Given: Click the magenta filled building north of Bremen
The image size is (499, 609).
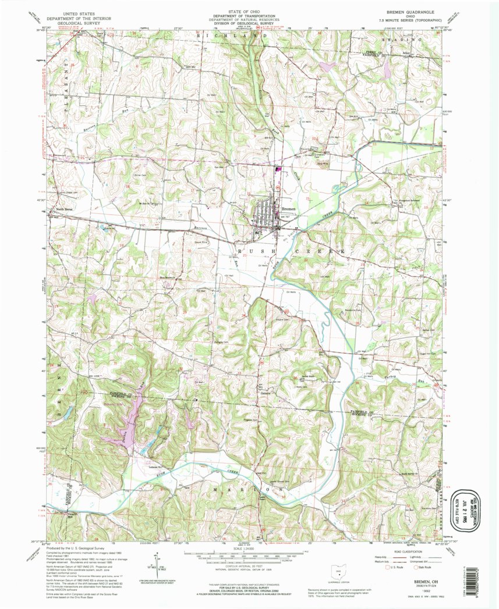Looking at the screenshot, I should (278, 170).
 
